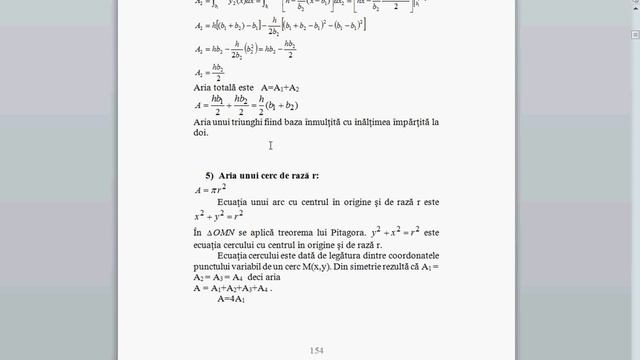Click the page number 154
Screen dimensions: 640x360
coord(318,350)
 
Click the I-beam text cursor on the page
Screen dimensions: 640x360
coord(270,146)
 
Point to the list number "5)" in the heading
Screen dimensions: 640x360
coord(210,175)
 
